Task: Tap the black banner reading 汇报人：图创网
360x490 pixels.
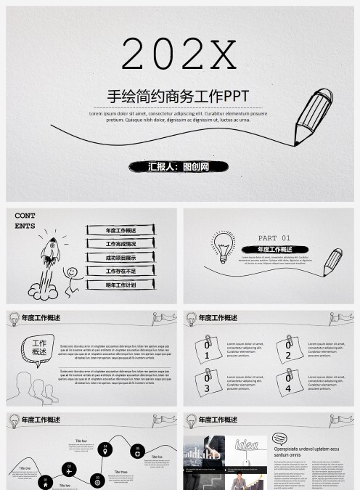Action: point(179,166)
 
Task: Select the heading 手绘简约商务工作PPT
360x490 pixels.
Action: point(179,97)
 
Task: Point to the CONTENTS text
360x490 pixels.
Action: point(25,221)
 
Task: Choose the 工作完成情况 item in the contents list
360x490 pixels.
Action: point(120,244)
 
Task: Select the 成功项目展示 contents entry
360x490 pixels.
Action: point(120,258)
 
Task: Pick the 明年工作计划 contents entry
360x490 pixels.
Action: point(120,285)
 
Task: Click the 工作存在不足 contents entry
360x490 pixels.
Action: point(120,271)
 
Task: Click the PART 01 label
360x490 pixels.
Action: point(274,238)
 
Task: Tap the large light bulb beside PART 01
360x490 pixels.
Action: point(223,246)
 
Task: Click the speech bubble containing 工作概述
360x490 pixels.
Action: point(39,348)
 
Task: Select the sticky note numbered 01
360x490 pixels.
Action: point(208,350)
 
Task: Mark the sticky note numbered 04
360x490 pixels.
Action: point(289,383)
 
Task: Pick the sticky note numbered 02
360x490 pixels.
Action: point(289,350)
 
